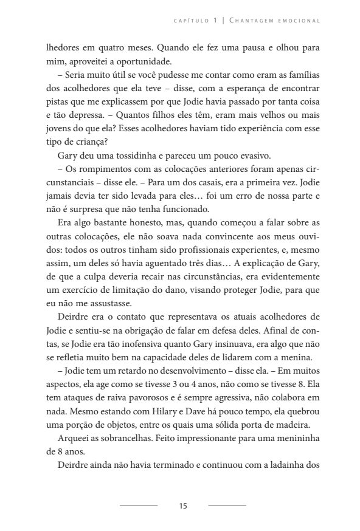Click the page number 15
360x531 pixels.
coord(183,505)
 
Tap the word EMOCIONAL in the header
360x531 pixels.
coord(300,21)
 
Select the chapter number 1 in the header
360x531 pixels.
coord(215,21)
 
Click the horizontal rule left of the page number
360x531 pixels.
coord(138,505)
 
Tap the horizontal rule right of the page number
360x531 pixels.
coord(227,505)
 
